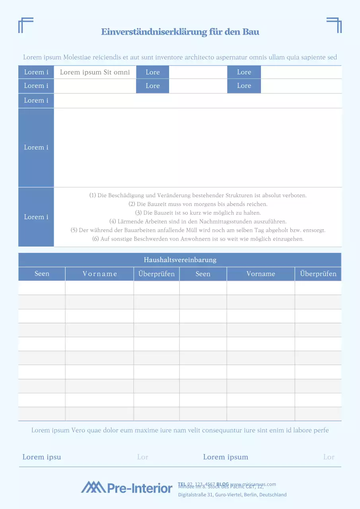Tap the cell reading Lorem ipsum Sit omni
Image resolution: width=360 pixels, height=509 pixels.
pyautogui.click(x=95, y=72)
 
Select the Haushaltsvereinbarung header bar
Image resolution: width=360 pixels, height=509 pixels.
pyautogui.click(x=180, y=260)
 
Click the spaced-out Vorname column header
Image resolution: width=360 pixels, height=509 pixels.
pyautogui.click(x=99, y=274)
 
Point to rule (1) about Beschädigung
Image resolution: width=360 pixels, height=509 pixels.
pyautogui.click(x=198, y=195)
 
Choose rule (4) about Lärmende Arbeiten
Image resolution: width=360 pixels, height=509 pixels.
pyautogui.click(x=198, y=221)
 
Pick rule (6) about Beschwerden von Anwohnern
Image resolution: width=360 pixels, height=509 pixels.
pyautogui.click(x=198, y=239)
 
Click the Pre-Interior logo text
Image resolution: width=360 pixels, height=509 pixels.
pyautogui.click(x=140, y=488)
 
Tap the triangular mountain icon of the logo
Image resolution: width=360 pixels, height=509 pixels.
pyautogui.click(x=93, y=487)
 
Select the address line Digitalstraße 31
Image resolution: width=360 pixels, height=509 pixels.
pyautogui.click(x=232, y=495)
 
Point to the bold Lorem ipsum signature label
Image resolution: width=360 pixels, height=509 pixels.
pyautogui.click(x=226, y=457)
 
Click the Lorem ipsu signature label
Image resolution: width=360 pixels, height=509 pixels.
pyautogui.click(x=41, y=457)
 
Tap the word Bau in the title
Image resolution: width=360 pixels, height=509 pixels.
pyautogui.click(x=251, y=32)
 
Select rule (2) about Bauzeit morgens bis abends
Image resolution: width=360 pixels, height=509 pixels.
pyautogui.click(x=198, y=204)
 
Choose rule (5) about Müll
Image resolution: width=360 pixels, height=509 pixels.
pyautogui.click(x=198, y=230)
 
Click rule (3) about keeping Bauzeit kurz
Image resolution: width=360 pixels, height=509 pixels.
pyautogui.click(x=198, y=213)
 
